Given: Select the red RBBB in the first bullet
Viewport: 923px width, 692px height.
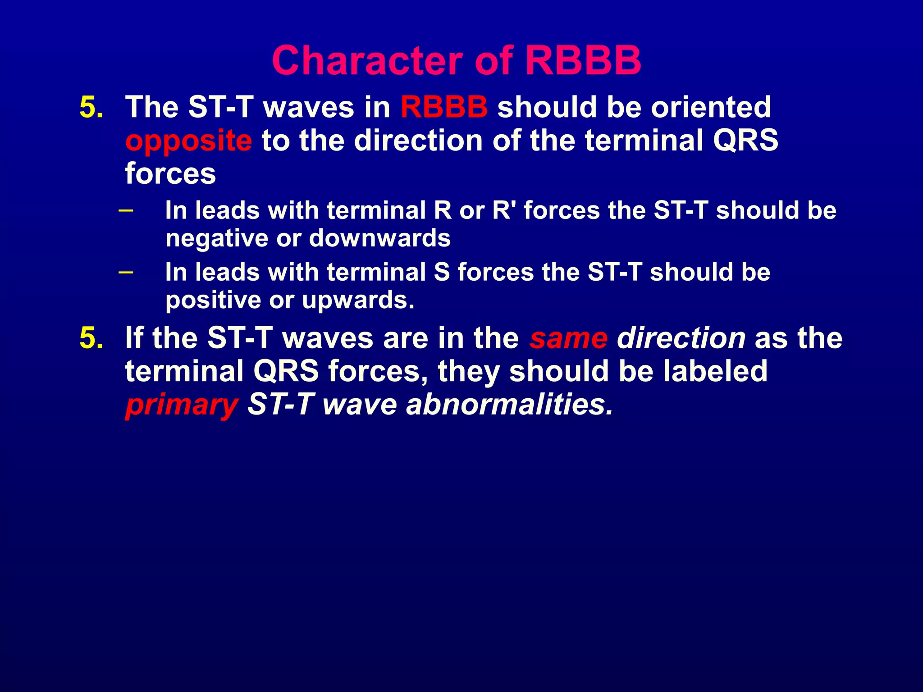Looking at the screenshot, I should click(443, 107).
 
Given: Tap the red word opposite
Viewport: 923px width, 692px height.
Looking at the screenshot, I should click(188, 141).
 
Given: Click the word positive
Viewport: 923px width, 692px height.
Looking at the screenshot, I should click(213, 300).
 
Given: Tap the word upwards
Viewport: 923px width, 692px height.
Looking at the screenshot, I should click(358, 300).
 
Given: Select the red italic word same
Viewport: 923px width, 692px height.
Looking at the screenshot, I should click(568, 338).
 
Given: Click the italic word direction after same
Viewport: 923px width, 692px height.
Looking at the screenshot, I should click(681, 338).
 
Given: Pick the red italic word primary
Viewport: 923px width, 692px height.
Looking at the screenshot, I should click(181, 405).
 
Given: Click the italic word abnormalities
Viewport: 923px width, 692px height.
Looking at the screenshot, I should click(509, 405).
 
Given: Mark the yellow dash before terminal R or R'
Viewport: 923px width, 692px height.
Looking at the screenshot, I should click(126, 210).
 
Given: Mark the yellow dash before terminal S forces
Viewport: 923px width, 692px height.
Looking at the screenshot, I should click(126, 272).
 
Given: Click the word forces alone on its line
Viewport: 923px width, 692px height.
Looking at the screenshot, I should click(170, 174).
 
